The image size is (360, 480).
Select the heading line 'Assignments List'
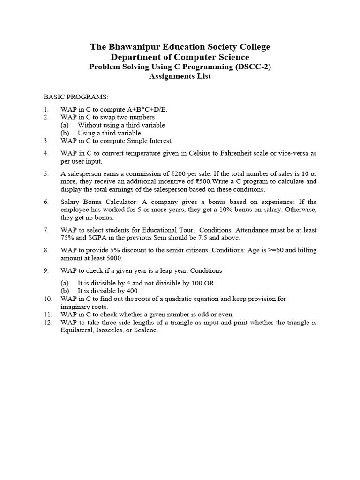click(x=180, y=76)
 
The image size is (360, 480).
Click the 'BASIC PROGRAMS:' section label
click(x=76, y=97)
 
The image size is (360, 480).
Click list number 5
click(x=46, y=173)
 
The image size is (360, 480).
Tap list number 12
click(x=48, y=322)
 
